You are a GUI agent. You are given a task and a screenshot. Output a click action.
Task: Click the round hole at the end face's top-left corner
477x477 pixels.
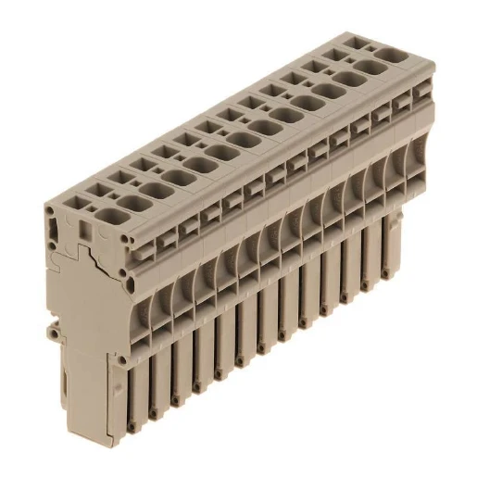tap(50, 211)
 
